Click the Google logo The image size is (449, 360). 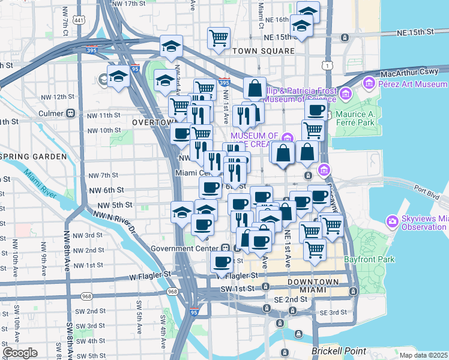coord(20,353)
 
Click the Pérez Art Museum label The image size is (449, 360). coord(413,85)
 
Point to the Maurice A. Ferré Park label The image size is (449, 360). coord(373,117)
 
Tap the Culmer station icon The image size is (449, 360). coord(71,112)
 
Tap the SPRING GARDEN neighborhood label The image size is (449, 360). coord(34,157)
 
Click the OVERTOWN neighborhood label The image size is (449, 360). coord(153,122)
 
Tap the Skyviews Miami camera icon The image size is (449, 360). coord(393,221)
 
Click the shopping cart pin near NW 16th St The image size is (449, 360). coord(219,38)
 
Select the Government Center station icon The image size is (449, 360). coord(223,247)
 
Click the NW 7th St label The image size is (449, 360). coord(103,175)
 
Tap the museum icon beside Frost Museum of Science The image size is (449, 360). coord(345,94)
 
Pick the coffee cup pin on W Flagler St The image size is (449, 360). coord(221,262)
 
